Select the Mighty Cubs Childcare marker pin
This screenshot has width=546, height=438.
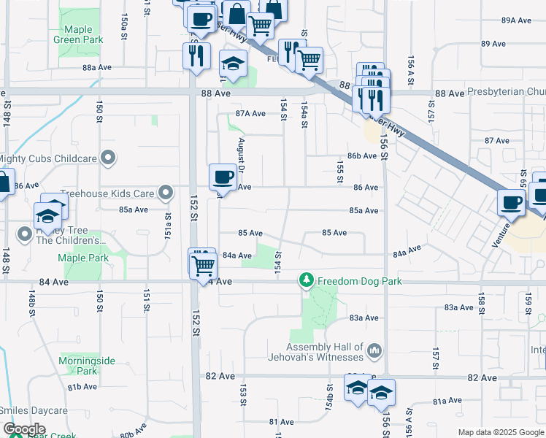click(109, 158)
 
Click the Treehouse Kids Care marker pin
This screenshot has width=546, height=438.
click(166, 193)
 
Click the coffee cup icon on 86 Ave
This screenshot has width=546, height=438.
click(223, 177)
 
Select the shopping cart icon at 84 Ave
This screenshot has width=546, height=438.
click(204, 264)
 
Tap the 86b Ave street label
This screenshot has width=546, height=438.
click(362, 156)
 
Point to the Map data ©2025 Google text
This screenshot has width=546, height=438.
click(501, 432)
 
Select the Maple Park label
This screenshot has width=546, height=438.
click(83, 258)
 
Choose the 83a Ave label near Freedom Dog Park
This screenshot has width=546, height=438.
click(364, 318)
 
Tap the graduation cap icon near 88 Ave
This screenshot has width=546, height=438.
click(233, 65)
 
